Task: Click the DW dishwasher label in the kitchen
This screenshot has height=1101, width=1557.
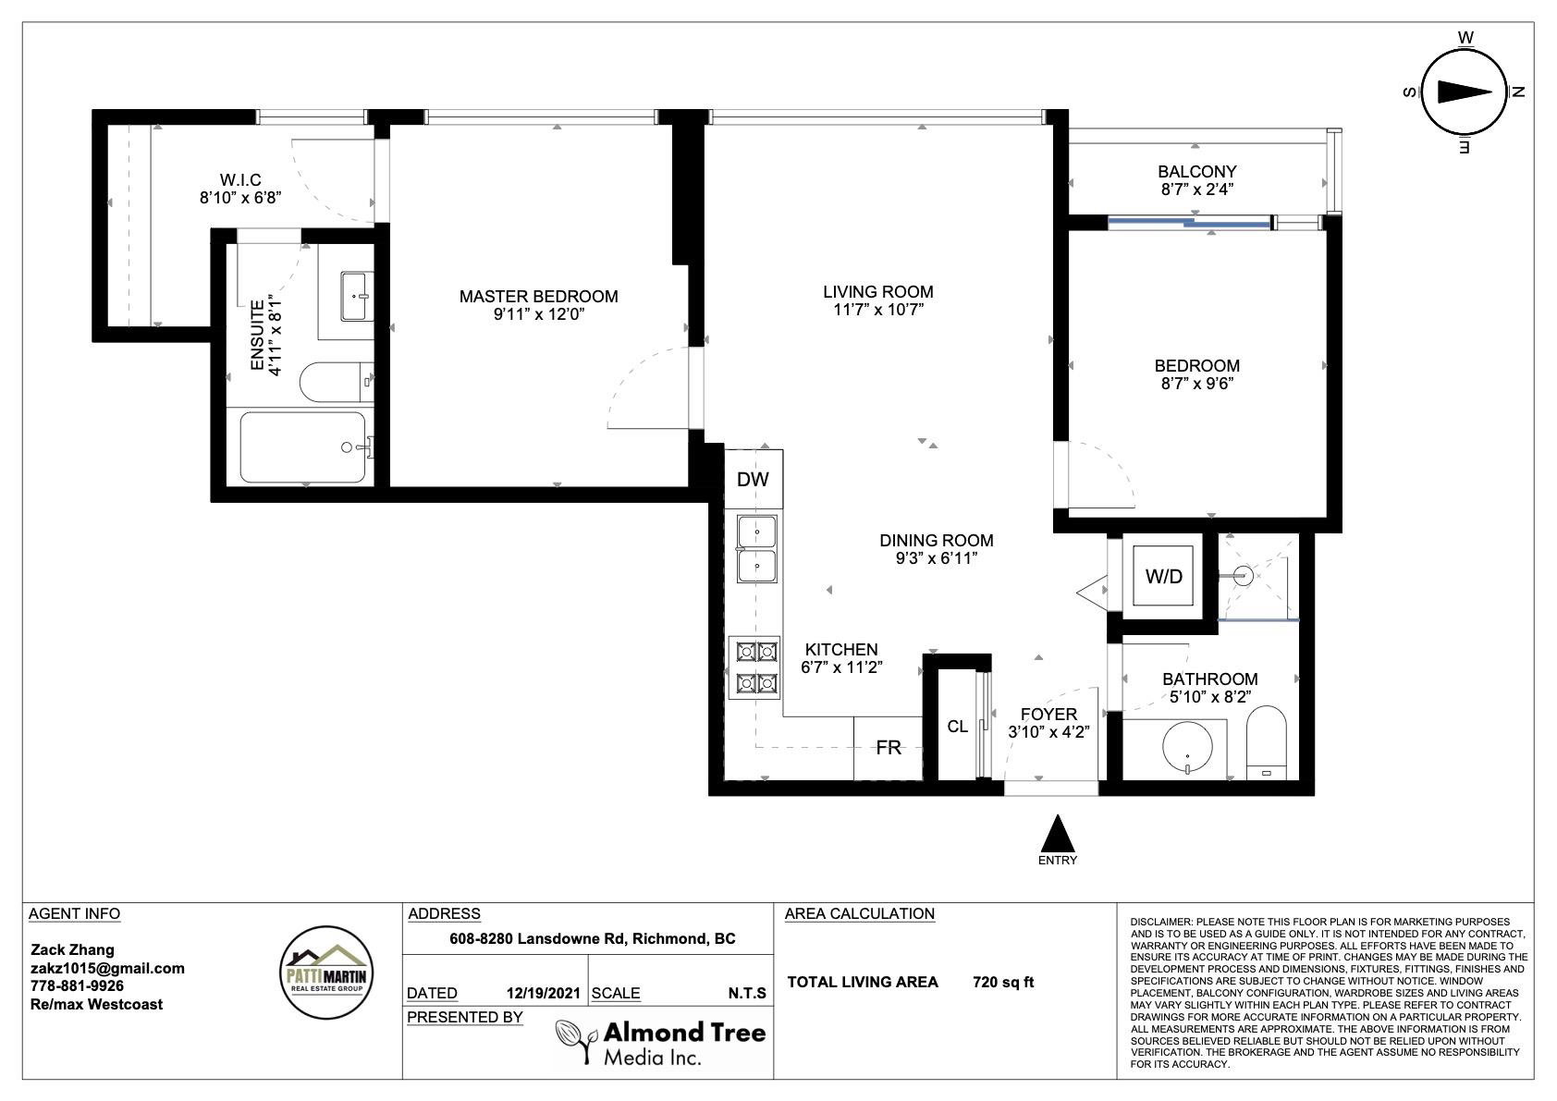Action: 753,479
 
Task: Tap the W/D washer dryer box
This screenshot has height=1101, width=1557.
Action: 1163,576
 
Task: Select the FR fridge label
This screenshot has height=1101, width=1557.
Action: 889,747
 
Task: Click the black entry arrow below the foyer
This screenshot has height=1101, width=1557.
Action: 1057,834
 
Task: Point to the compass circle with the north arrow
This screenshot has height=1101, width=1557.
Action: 1464,92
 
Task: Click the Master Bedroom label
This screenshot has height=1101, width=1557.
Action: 539,296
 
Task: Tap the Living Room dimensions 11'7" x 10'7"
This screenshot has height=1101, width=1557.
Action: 878,310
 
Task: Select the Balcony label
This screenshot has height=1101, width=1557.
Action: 1197,171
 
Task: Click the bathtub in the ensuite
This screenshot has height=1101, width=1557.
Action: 303,447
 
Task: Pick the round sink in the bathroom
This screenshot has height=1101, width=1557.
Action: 1187,747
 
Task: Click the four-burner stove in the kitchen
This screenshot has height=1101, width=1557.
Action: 754,667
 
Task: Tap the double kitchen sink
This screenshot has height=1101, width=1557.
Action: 757,548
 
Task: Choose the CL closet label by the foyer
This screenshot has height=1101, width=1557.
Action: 957,727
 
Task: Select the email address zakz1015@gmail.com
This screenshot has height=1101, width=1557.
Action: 108,968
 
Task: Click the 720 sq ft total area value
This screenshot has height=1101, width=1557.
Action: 1003,982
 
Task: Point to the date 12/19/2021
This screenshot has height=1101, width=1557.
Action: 543,993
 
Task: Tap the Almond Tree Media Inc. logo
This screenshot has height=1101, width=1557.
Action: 660,1043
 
